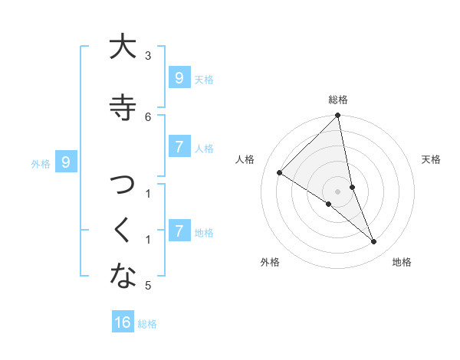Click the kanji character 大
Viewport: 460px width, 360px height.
(x=123, y=47)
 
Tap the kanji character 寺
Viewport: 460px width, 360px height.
(x=123, y=106)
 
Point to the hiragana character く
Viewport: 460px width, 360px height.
(x=123, y=231)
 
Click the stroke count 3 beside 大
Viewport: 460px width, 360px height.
(x=148, y=55)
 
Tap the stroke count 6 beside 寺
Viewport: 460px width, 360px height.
(x=148, y=116)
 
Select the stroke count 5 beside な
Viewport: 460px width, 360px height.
(x=148, y=286)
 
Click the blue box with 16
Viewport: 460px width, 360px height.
(x=123, y=322)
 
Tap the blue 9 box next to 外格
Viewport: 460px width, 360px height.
(x=67, y=162)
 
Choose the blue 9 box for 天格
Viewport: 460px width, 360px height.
(x=179, y=78)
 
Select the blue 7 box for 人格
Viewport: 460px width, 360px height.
(x=179, y=147)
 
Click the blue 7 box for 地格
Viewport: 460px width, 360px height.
(x=179, y=231)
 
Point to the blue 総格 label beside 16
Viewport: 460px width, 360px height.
(x=147, y=324)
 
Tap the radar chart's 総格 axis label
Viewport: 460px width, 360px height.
(x=338, y=100)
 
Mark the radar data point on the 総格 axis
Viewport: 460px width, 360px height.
(x=338, y=116)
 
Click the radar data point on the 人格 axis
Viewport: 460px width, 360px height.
(x=280, y=173)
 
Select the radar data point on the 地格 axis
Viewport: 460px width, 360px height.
(x=374, y=242)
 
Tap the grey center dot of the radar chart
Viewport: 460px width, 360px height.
(x=338, y=191)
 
